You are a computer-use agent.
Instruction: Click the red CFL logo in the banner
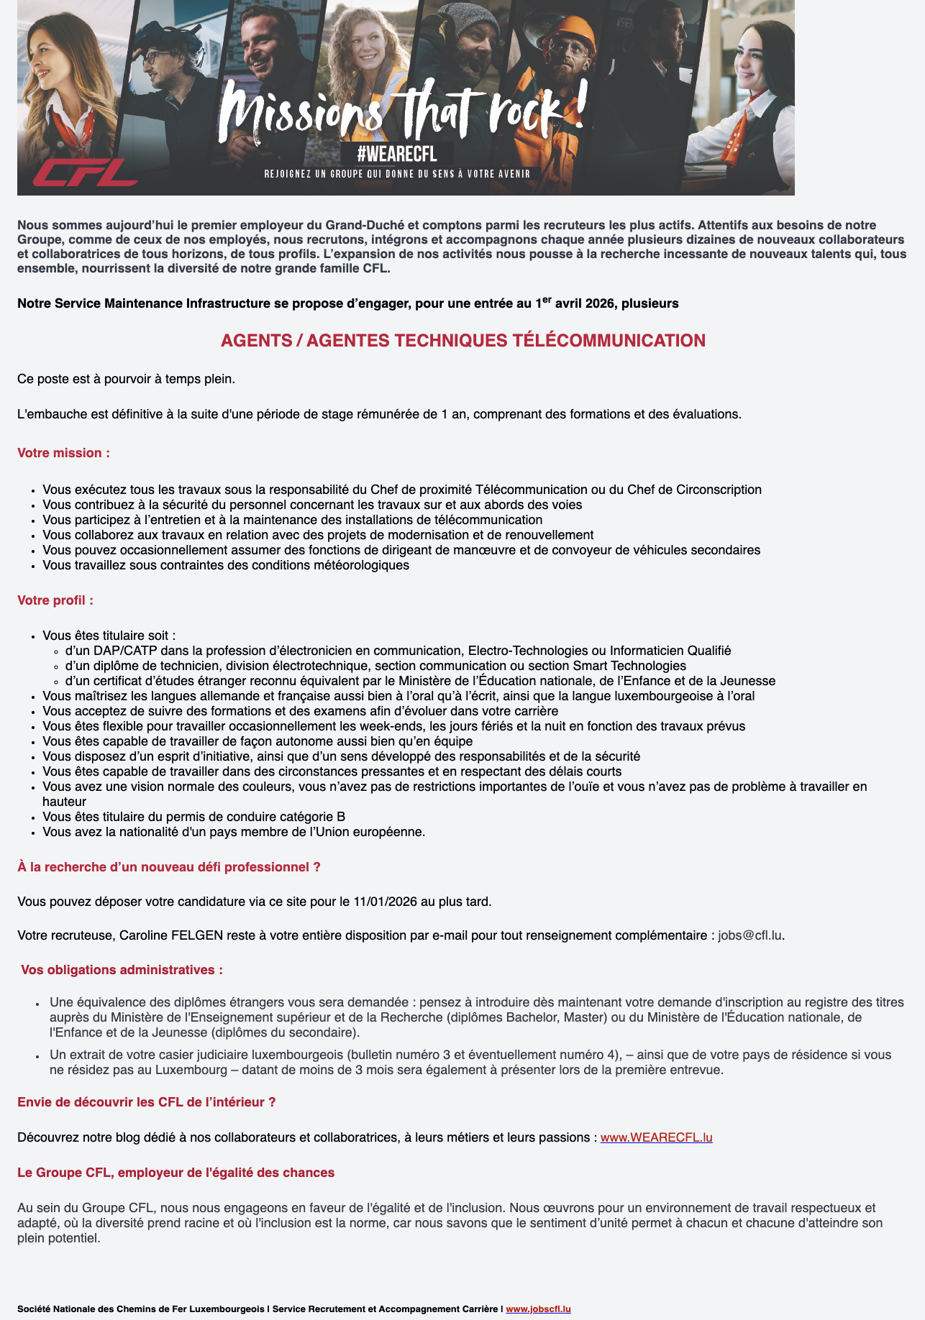(85, 173)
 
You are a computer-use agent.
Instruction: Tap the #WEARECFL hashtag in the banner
(397, 153)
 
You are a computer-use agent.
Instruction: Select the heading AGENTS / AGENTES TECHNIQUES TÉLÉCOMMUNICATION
(463, 341)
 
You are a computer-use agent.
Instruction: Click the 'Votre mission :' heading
(63, 453)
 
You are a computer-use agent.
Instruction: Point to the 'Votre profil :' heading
(55, 600)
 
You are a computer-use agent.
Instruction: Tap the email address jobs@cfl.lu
(749, 936)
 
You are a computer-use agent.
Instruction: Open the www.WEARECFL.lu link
(656, 1137)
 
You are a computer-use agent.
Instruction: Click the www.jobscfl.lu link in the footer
(538, 1309)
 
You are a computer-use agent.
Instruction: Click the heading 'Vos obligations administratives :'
(122, 970)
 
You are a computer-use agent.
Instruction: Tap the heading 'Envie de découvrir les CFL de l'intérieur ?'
(146, 1102)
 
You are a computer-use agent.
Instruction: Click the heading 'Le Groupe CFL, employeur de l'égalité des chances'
(176, 1173)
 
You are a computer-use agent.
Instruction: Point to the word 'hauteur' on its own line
(64, 802)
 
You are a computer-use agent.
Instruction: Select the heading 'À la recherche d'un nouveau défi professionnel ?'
(168, 867)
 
